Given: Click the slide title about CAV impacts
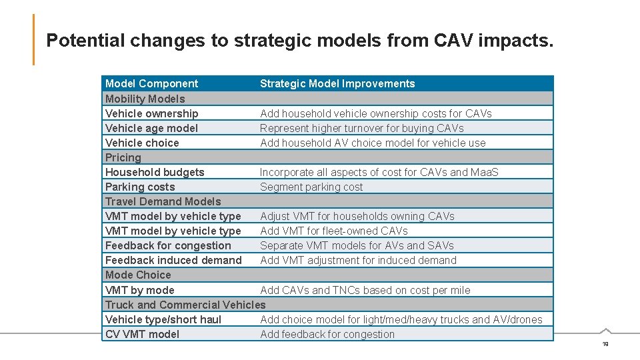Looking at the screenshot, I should pyautogui.click(x=299, y=41).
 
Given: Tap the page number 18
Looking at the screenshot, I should pyautogui.click(x=605, y=343).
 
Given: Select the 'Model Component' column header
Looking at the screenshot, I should pyautogui.click(x=151, y=83).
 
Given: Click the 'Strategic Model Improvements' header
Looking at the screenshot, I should pyautogui.click(x=337, y=83).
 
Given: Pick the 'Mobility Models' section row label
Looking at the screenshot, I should pyautogui.click(x=145, y=99).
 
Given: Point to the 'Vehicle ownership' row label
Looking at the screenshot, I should pyautogui.click(x=152, y=113).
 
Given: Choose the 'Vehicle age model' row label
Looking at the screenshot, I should pyautogui.click(x=151, y=128).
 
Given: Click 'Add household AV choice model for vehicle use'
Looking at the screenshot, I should pyautogui.click(x=373, y=143).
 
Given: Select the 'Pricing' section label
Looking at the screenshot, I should pyautogui.click(x=123, y=157).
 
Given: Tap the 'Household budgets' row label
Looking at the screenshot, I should pyautogui.click(x=155, y=172).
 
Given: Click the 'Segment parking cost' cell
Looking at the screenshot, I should pyautogui.click(x=311, y=187).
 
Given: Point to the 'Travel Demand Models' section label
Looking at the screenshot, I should pyautogui.click(x=163, y=201).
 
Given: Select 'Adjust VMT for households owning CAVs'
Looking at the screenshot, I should pyautogui.click(x=357, y=216).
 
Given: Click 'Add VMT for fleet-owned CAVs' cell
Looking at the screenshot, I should pyautogui.click(x=333, y=231).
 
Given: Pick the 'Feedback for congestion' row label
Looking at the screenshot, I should pyautogui.click(x=168, y=245).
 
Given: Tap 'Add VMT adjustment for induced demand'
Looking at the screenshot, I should pyautogui.click(x=358, y=260).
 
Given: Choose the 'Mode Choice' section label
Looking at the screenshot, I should pyautogui.click(x=138, y=275).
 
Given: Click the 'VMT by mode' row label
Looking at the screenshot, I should pyautogui.click(x=140, y=290).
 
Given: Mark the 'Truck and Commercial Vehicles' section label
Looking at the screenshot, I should pyautogui.click(x=185, y=305).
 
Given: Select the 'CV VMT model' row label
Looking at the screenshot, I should pyautogui.click(x=142, y=334).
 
